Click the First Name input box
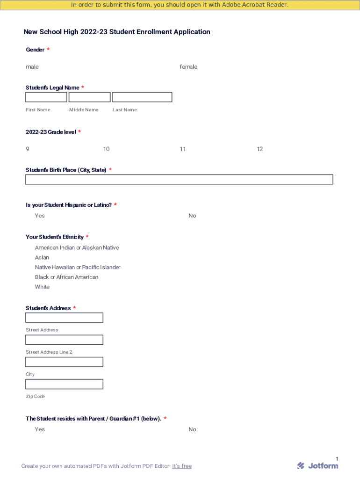pyautogui.click(x=46, y=97)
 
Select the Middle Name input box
pyautogui.click(x=89, y=97)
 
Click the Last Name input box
pyautogui.click(x=142, y=97)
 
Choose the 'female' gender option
pyautogui.click(x=188, y=67)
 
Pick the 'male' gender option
pyautogui.click(x=32, y=67)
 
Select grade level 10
pyautogui.click(x=106, y=149)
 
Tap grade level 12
pyautogui.click(x=260, y=149)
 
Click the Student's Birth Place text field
pyautogui.click(x=179, y=180)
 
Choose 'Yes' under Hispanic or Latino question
pyautogui.click(x=40, y=216)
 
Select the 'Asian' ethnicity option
pyautogui.click(x=42, y=258)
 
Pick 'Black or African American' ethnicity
pyautogui.click(x=66, y=277)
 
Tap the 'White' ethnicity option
pyautogui.click(x=42, y=287)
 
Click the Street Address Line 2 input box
pyautogui.click(x=64, y=340)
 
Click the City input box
pyautogui.click(x=64, y=362)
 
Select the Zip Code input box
pyautogui.click(x=64, y=385)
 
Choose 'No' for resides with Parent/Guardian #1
pyautogui.click(x=192, y=429)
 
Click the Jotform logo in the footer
pyautogui.click(x=317, y=465)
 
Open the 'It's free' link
pyautogui.click(x=182, y=466)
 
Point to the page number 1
pyautogui.click(x=337, y=459)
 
